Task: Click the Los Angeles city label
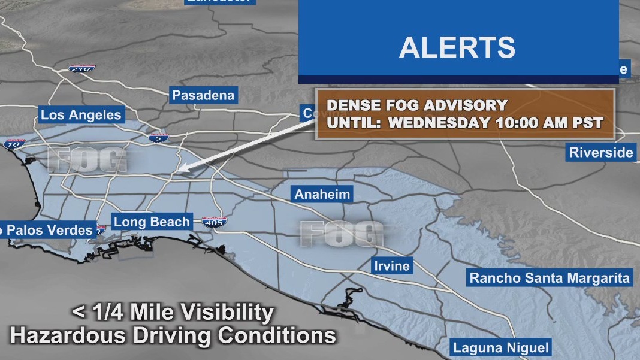click(x=81, y=115)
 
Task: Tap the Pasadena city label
click(x=203, y=95)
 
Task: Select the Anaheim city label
click(x=322, y=195)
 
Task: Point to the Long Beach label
click(x=152, y=222)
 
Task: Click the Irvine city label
click(x=392, y=266)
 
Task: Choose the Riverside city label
click(x=601, y=152)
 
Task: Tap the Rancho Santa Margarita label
click(x=550, y=278)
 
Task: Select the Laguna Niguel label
click(x=501, y=347)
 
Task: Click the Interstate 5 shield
click(x=159, y=138)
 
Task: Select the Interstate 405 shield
click(x=214, y=221)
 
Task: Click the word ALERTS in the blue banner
click(x=457, y=47)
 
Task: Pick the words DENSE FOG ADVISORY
click(x=416, y=106)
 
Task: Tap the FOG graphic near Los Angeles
click(x=87, y=160)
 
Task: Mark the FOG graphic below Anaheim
click(x=342, y=234)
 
